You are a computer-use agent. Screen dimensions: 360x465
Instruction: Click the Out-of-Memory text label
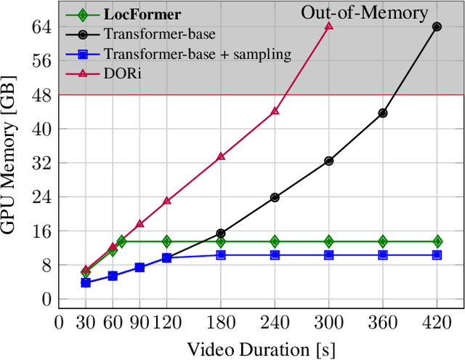[x=364, y=12]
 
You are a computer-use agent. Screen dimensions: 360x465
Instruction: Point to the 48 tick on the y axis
[x=41, y=95]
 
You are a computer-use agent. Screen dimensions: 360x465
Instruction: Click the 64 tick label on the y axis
[x=41, y=27]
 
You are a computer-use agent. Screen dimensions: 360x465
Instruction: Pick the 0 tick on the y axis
[x=46, y=299]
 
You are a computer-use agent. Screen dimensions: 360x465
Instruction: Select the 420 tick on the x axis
[x=437, y=321]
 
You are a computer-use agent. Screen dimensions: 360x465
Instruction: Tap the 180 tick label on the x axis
[x=221, y=321]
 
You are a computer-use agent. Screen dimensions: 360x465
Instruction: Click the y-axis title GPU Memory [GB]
[x=12, y=164]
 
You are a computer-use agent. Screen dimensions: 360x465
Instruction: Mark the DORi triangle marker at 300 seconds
[x=328, y=25]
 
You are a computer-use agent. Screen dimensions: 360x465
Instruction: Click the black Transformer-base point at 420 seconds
[x=437, y=26]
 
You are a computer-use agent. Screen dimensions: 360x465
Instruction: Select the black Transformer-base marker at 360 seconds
[x=383, y=113]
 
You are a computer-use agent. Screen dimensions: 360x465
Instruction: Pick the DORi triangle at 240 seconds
[x=275, y=111]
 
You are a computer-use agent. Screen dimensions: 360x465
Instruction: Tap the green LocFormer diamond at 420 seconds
[x=437, y=241]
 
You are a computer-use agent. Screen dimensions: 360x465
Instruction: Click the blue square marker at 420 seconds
[x=437, y=255]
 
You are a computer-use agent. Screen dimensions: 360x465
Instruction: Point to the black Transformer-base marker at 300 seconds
[x=328, y=161]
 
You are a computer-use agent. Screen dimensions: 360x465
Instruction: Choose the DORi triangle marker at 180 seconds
[x=221, y=156]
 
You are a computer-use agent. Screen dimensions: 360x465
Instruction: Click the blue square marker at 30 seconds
[x=86, y=282]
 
